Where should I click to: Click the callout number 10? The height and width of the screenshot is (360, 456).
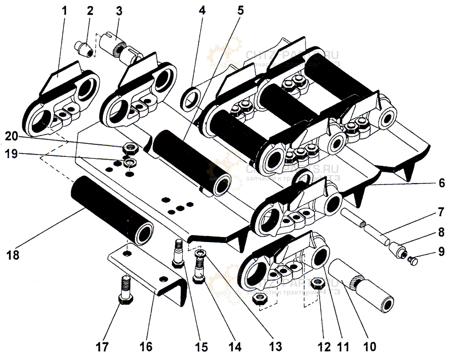[369, 346]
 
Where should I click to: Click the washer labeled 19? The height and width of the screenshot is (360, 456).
[130, 164]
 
